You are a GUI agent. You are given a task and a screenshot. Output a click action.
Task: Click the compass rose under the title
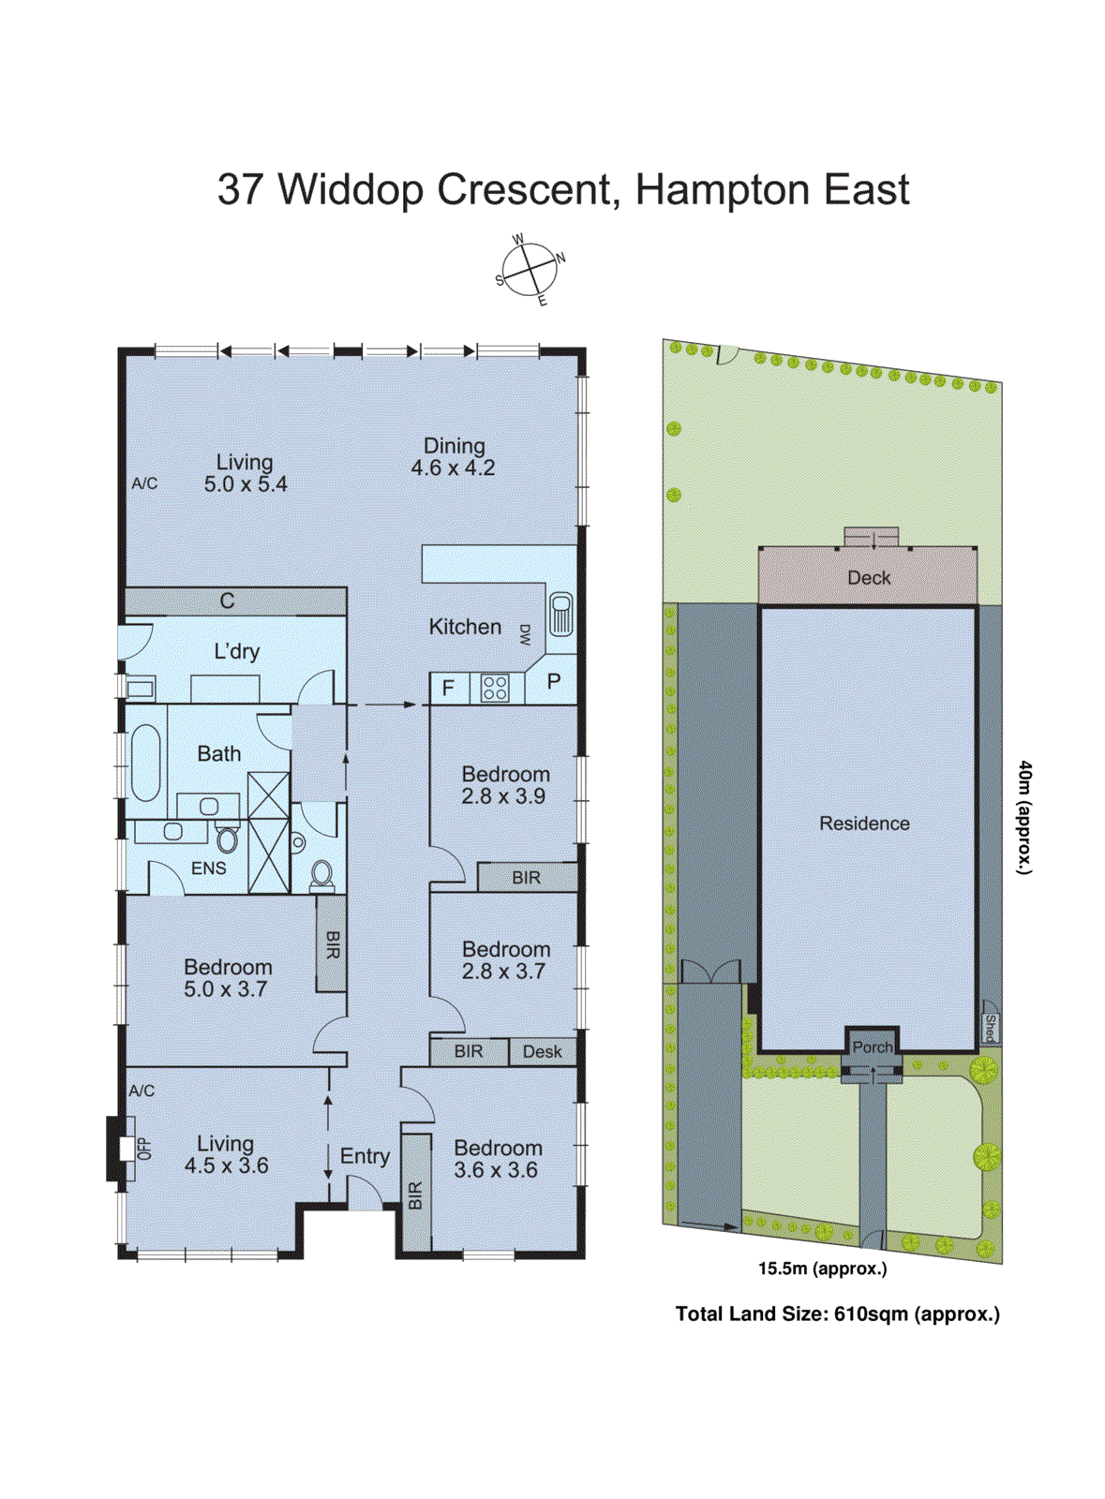pyautogui.click(x=530, y=270)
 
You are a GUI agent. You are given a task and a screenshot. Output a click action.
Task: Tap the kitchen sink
pyautogui.click(x=560, y=614)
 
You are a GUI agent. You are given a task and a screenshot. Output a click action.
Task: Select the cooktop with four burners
pyautogui.click(x=495, y=689)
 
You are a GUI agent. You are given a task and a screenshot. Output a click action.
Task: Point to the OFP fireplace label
pyautogui.click(x=144, y=1149)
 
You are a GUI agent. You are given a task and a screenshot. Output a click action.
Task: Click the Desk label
pyautogui.click(x=542, y=1052)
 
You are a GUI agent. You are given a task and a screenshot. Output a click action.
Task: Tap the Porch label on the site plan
pyautogui.click(x=873, y=1047)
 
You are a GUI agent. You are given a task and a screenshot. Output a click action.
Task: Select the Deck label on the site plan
pyautogui.click(x=869, y=578)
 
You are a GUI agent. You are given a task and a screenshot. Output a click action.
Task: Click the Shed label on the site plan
pyautogui.click(x=990, y=1028)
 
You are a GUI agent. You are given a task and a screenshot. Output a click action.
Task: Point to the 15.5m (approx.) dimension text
pyautogui.click(x=822, y=1269)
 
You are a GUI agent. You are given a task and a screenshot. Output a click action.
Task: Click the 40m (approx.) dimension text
pyautogui.click(x=1025, y=817)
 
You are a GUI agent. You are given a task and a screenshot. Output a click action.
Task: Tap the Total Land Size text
pyautogui.click(x=837, y=1313)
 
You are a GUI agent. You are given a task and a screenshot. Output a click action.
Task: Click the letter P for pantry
pyautogui.click(x=554, y=681)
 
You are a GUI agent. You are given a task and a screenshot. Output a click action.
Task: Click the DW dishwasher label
pyautogui.click(x=526, y=634)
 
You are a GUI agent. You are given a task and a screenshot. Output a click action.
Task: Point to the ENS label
pyautogui.click(x=208, y=868)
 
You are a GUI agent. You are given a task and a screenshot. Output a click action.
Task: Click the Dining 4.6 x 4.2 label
pyautogui.click(x=454, y=456)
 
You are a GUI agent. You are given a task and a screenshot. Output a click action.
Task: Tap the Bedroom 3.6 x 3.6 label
pyautogui.click(x=497, y=1159)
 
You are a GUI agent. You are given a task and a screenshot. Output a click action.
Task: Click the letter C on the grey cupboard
pyautogui.click(x=227, y=601)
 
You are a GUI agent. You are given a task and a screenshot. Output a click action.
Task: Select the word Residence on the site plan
pyautogui.click(x=864, y=824)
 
